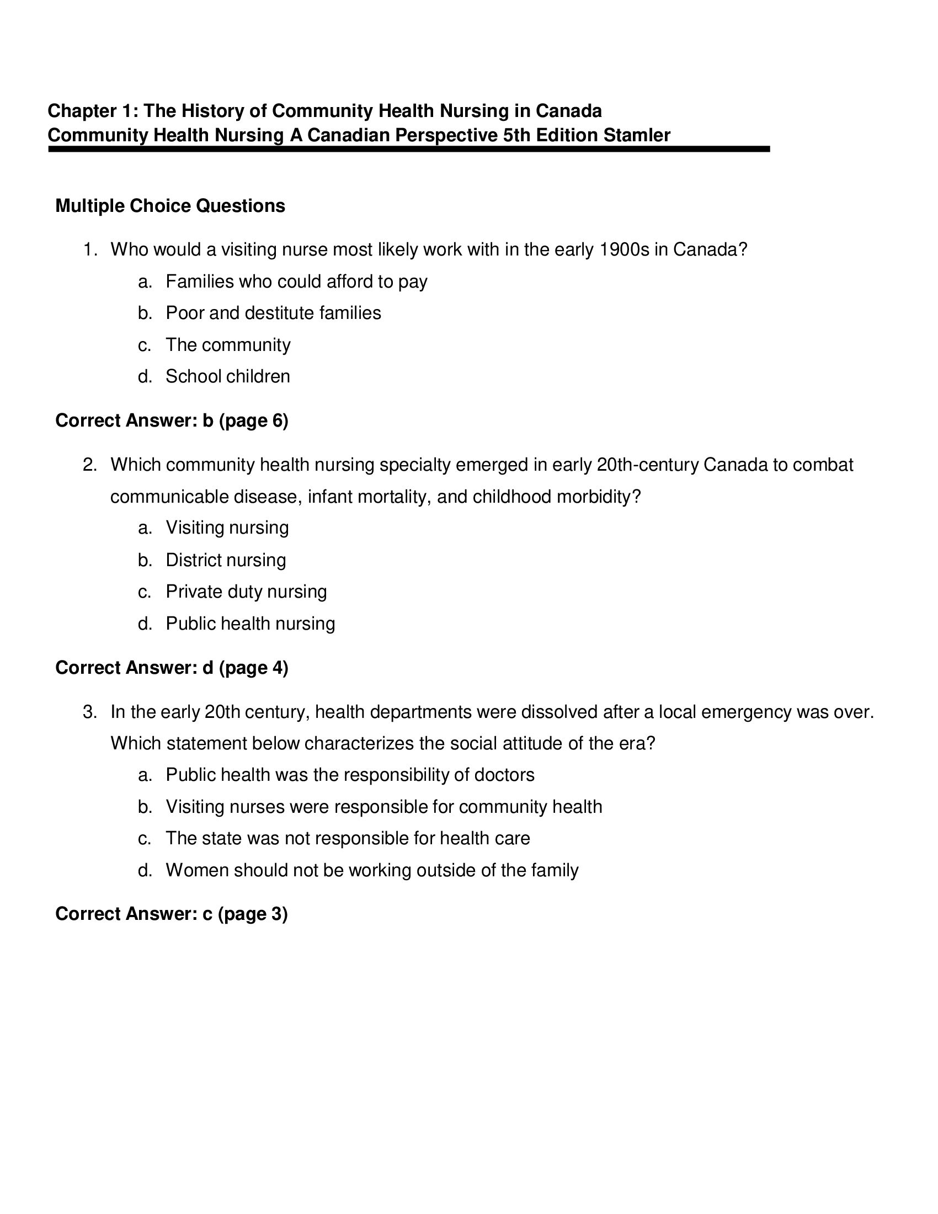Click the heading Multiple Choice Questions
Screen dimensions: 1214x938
tap(170, 206)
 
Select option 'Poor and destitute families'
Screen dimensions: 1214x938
tap(273, 313)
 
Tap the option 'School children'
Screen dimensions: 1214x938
tap(227, 377)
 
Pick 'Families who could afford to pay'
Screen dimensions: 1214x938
tap(296, 282)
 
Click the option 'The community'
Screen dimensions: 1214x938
tap(228, 345)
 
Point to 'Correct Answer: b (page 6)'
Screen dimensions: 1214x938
tap(172, 421)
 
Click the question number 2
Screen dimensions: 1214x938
tap(89, 465)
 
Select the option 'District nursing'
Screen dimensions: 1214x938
tap(226, 560)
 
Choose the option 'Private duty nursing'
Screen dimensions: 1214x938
tap(246, 592)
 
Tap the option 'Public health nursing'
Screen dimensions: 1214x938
tap(250, 624)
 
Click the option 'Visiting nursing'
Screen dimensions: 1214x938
tap(227, 528)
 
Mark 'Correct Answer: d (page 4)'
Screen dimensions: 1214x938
tap(172, 668)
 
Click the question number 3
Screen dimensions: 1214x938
tap(89, 712)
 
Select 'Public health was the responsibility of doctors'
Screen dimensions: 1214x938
tap(349, 775)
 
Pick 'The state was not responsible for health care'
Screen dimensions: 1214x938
tap(347, 838)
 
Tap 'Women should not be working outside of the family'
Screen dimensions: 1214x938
tap(372, 870)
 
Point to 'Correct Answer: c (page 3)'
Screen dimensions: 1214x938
tap(171, 914)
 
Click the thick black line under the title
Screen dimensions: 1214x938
tap(408, 149)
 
